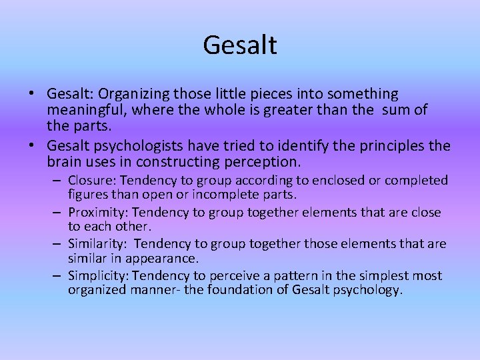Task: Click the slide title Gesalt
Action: point(240,45)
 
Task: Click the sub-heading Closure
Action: point(90,181)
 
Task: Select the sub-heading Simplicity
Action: point(95,276)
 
